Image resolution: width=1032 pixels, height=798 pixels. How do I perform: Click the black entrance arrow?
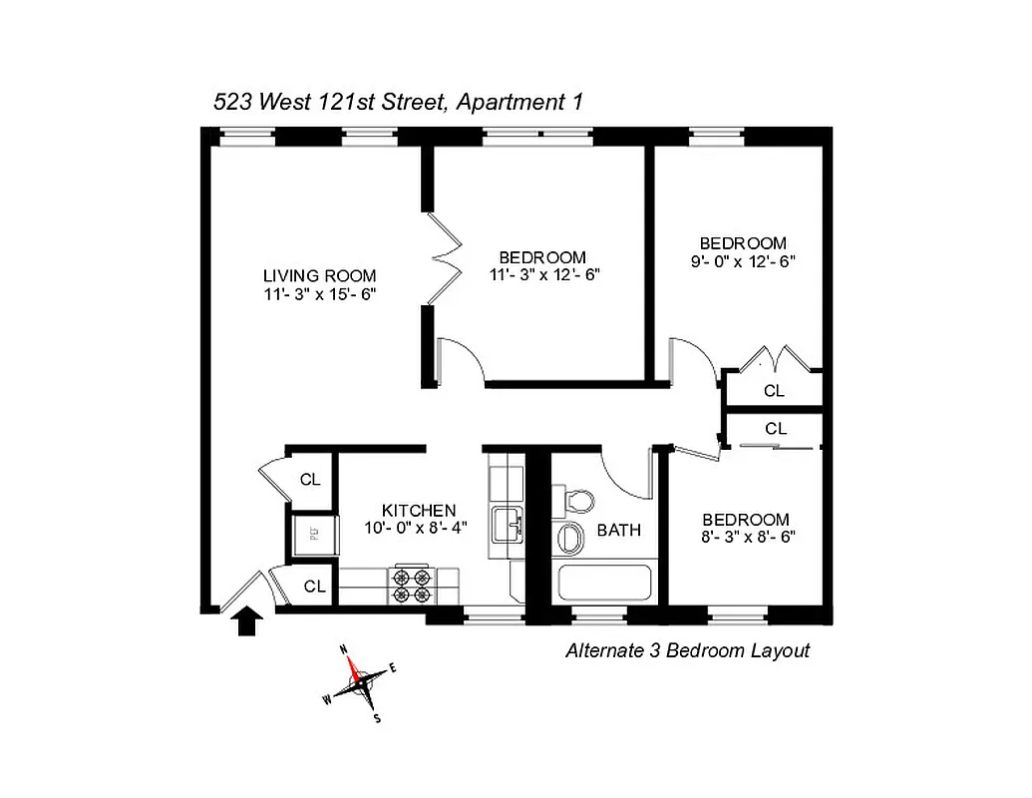click(x=246, y=623)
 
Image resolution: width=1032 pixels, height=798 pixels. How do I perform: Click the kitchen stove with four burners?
click(x=413, y=585)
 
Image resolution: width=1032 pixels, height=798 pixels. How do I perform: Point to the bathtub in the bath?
click(x=604, y=585)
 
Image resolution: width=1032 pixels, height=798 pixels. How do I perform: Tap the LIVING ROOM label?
click(x=319, y=275)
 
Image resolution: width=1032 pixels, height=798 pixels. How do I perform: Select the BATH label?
click(x=619, y=530)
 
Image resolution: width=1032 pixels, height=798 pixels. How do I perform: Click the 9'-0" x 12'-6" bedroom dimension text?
click(x=743, y=261)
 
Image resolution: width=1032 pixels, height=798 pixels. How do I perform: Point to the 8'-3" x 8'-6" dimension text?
click(x=746, y=538)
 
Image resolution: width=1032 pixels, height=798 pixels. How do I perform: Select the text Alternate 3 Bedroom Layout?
click(x=687, y=651)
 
